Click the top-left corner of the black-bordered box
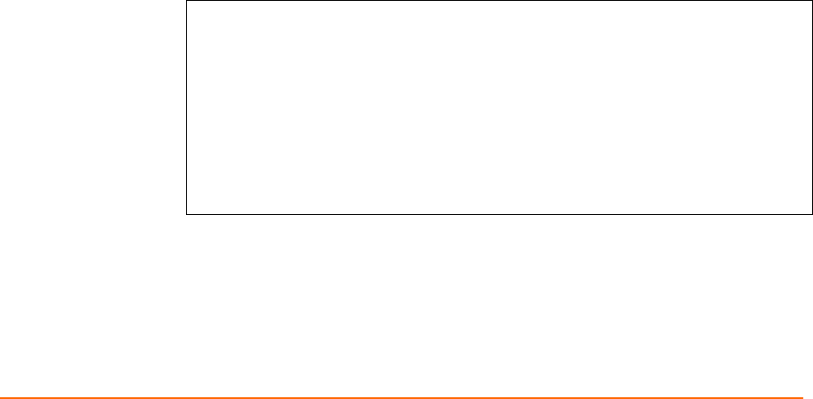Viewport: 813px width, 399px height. pyautogui.click(x=186, y=1)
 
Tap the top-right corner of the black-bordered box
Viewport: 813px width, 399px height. pyautogui.click(x=811, y=1)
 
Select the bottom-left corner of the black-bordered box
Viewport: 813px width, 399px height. pyautogui.click(x=186, y=214)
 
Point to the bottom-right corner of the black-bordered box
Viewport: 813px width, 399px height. pyautogui.click(x=811, y=214)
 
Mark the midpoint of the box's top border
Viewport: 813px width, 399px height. pyautogui.click(x=499, y=1)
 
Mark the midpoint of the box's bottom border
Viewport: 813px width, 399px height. pyautogui.click(x=499, y=214)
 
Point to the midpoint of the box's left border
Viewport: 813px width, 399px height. pyautogui.click(x=186, y=107)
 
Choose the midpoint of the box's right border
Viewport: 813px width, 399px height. pyautogui.click(x=811, y=107)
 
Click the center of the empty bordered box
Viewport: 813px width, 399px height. pyautogui.click(x=499, y=107)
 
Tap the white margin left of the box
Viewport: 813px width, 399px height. pyautogui.click(x=89, y=107)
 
